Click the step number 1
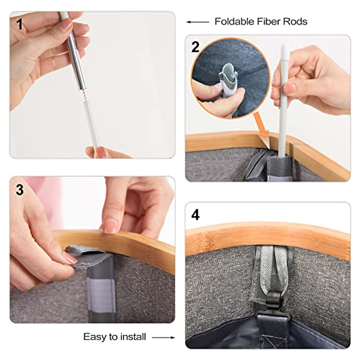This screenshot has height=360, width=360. click(19, 25)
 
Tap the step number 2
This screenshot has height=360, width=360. click(195, 47)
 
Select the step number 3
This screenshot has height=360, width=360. click(19, 190)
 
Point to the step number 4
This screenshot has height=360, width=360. click(195, 215)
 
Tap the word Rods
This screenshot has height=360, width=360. click(295, 22)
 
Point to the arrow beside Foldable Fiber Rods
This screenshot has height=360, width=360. click(198, 22)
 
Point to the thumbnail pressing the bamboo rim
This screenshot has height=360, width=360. click(111, 226)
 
